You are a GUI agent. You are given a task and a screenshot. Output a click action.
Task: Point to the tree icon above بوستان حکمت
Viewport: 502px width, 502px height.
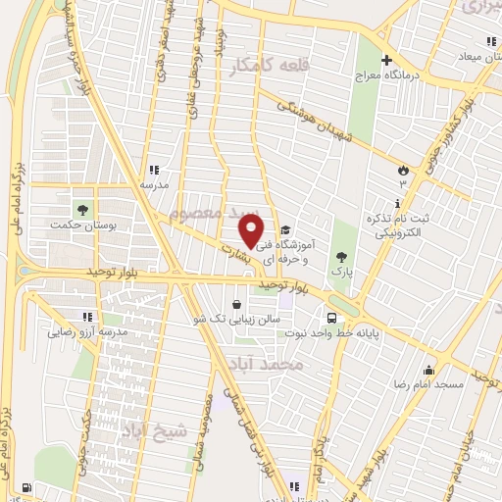[81, 209]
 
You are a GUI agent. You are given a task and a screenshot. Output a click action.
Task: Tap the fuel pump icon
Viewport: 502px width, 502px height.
[26, 487]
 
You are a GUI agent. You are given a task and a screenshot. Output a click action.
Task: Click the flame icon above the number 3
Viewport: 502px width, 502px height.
[401, 169]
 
